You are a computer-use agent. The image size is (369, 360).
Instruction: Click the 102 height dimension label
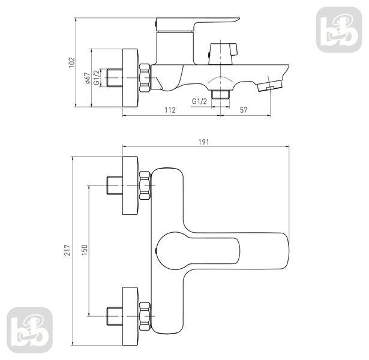click(71, 62)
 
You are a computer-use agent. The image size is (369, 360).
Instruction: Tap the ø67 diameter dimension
click(87, 78)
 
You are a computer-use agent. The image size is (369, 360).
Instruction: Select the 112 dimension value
click(170, 110)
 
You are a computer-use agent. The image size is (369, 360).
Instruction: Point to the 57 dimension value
click(244, 110)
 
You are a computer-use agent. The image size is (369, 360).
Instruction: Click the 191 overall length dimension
click(203, 142)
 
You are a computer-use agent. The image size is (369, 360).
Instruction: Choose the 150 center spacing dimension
click(84, 250)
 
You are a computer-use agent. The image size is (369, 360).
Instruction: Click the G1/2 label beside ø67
click(97, 77)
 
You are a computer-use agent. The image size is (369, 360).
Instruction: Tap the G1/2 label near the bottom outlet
click(199, 101)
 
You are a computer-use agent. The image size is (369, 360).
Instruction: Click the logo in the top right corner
click(339, 29)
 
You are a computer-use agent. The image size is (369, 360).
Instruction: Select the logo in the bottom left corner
click(29, 330)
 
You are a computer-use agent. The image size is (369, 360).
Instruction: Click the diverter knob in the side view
click(223, 53)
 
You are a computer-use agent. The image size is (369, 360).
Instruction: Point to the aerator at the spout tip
click(269, 86)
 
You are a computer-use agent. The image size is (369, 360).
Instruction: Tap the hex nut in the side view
click(145, 77)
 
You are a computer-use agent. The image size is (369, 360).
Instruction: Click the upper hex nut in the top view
click(145, 185)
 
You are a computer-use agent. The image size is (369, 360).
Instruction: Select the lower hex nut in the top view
click(145, 316)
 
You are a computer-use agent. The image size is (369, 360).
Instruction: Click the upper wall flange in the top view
click(130, 185)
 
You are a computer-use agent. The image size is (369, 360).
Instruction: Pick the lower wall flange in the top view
click(130, 316)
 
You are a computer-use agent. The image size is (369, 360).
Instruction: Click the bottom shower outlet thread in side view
click(221, 94)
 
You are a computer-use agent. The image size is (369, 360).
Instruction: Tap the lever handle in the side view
click(197, 25)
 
